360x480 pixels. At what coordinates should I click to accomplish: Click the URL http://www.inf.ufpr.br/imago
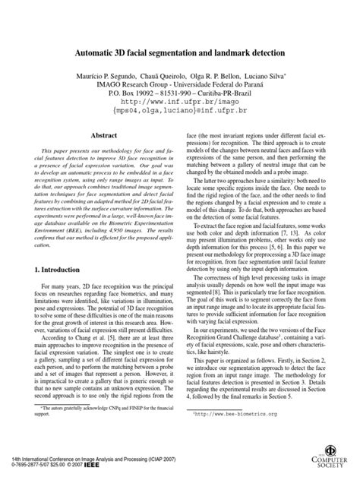179,99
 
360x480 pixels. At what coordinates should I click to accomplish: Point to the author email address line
179,109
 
